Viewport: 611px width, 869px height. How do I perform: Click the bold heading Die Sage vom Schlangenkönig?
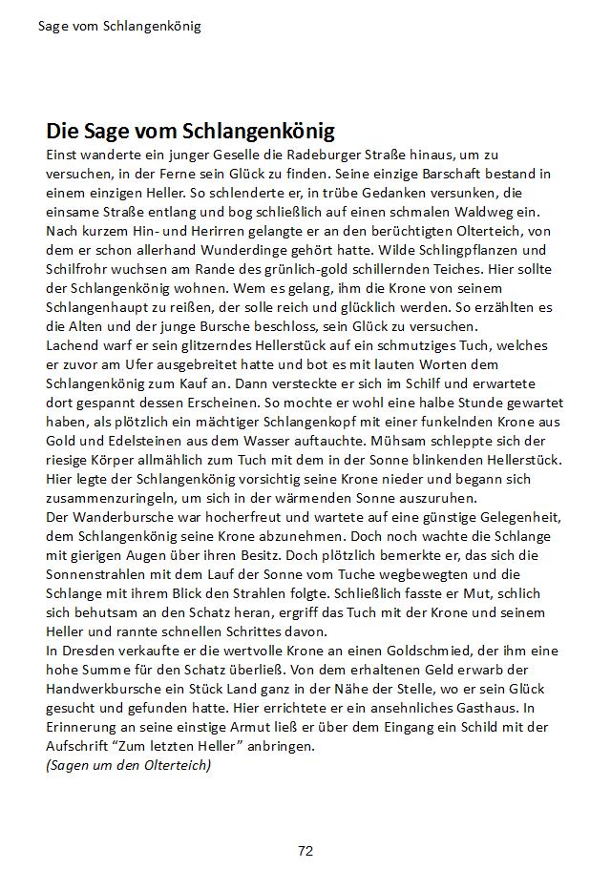pos(190,133)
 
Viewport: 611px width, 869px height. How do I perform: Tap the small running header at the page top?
pos(119,26)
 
